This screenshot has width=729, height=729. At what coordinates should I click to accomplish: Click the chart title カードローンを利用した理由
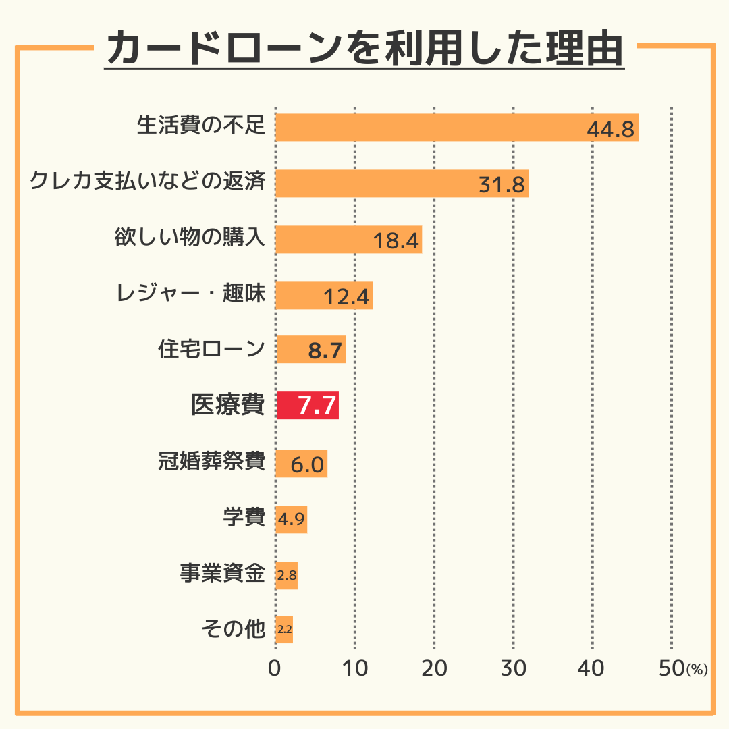pos(364,49)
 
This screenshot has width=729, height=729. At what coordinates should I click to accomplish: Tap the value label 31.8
pos(502,184)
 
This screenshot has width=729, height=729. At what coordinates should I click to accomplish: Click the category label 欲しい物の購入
pos(190,239)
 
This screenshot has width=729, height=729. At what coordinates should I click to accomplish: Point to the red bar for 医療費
pos(307,406)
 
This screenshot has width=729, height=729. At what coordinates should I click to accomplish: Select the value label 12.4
pos(347,296)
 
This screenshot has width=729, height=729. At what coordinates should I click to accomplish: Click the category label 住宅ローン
pos(211,350)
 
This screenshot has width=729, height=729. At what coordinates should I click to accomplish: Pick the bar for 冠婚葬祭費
pos(302,464)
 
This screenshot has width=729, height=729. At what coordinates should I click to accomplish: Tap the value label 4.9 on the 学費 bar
pos(292,520)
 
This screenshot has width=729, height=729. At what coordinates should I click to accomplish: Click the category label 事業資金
pos(222,574)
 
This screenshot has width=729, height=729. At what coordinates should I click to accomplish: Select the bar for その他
pos(284,629)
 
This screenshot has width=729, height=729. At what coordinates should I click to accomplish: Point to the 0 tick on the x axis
pos(275,669)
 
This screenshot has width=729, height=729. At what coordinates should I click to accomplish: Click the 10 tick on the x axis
pos(354,669)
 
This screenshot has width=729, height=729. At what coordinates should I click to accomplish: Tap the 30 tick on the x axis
pos(513,669)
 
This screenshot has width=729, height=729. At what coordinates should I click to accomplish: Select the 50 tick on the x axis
pos(671,669)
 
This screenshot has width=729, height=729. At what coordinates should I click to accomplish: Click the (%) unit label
pos(697,670)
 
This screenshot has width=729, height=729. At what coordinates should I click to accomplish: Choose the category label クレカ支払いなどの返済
pos(147,183)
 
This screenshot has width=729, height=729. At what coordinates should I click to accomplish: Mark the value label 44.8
pos(611,130)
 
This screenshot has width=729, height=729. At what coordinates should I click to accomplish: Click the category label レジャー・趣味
pos(190,294)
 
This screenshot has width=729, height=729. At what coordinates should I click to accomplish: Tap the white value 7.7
pos(317,406)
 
